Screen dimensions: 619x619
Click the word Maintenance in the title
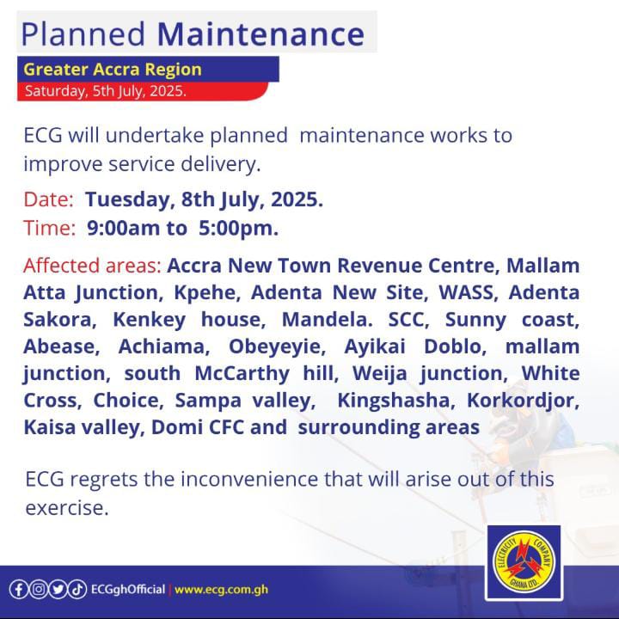[x=260, y=34]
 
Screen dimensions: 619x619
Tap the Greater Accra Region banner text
[x=113, y=70]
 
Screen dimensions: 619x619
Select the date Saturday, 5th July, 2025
[x=106, y=91]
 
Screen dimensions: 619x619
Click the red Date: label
[x=48, y=199]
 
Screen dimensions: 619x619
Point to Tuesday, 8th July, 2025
[x=204, y=199]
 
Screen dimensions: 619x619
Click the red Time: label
[x=50, y=228]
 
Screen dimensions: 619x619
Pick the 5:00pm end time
[x=238, y=229]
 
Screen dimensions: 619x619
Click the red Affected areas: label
[x=92, y=266]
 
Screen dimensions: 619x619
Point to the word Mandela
[x=327, y=319]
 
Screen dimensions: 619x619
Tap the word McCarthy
[x=242, y=373]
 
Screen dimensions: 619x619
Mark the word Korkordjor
[x=523, y=401]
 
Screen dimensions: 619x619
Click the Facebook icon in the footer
[x=19, y=590]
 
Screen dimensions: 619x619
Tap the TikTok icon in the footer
[x=77, y=590]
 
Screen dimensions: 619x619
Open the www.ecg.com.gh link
[x=221, y=590]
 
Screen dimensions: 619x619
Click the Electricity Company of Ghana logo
[x=524, y=562]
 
